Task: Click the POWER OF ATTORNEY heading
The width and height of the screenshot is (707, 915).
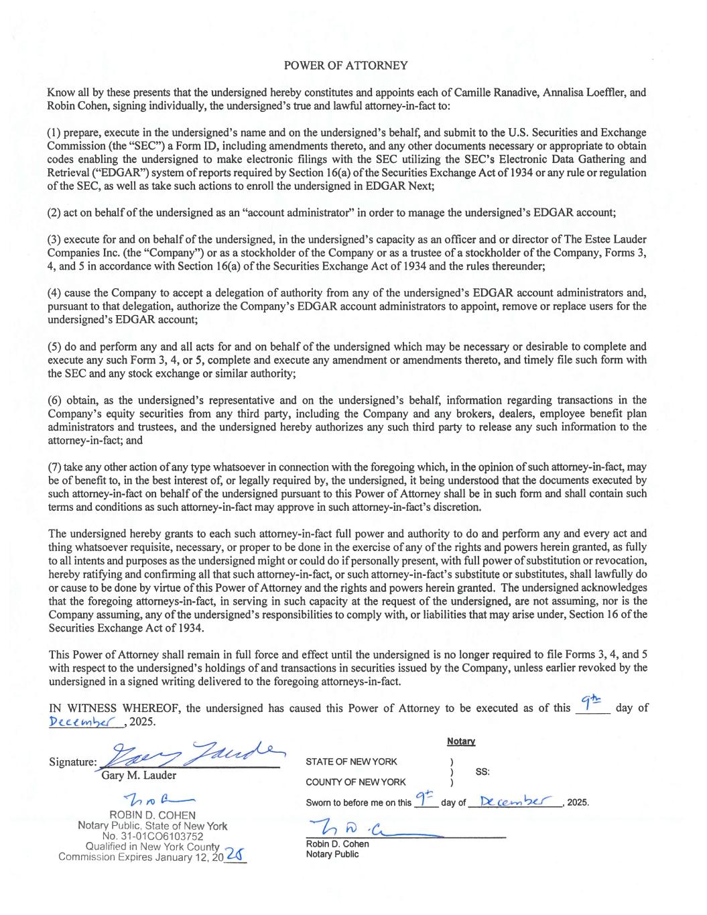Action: tap(346, 66)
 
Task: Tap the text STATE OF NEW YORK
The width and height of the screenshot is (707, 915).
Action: tap(351, 761)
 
